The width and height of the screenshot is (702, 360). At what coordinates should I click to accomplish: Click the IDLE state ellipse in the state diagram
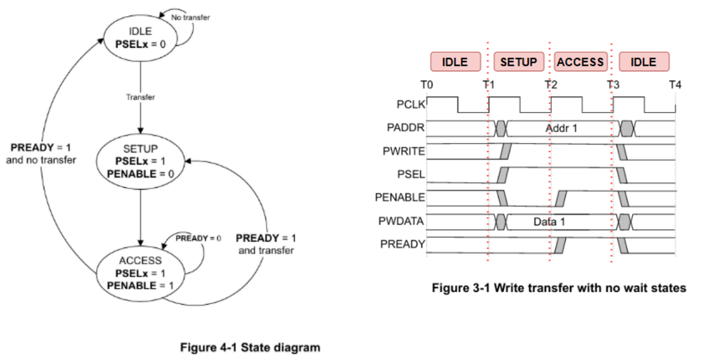[140, 38]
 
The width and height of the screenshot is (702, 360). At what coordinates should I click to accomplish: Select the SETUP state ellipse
[140, 159]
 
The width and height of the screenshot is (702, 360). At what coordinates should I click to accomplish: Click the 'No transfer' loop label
[190, 17]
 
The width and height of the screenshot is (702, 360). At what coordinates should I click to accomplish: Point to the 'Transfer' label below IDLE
[140, 97]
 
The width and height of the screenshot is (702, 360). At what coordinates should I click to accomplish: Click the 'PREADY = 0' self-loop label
[199, 238]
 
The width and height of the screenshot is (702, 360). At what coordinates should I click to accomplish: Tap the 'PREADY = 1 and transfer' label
[266, 244]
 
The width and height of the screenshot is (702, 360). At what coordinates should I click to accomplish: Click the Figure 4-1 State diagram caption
[250, 348]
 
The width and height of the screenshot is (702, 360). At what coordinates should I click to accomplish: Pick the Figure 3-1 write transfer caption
[558, 288]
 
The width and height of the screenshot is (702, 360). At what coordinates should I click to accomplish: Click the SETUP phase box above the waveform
[518, 62]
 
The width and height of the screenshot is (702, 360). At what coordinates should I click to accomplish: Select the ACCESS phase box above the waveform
[580, 62]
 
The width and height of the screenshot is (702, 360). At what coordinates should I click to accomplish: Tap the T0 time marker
[427, 85]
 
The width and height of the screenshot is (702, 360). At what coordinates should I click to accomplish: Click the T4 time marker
[675, 85]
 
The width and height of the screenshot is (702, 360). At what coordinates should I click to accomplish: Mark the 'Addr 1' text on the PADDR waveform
[561, 128]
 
